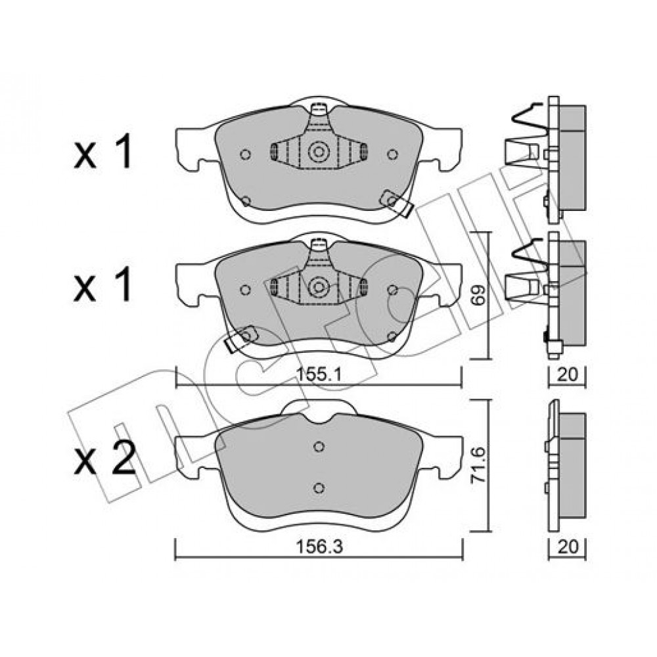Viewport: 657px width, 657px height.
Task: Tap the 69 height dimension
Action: (x=480, y=296)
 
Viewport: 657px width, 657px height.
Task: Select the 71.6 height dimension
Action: (x=480, y=466)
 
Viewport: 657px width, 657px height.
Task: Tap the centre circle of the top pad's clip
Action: (x=318, y=152)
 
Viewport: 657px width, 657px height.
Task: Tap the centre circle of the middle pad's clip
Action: (x=318, y=287)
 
